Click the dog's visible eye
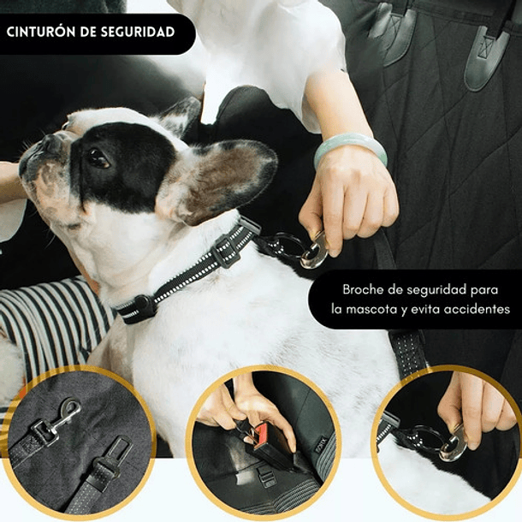pyautogui.click(x=97, y=157)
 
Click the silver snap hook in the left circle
pyautogui.click(x=63, y=416)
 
